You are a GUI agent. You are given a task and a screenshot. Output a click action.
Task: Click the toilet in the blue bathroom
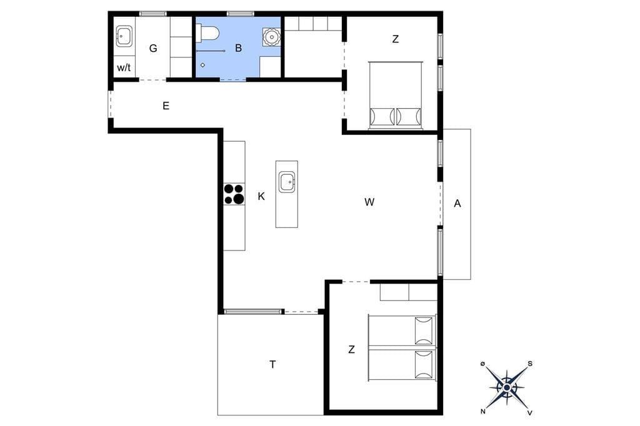click(x=208, y=34)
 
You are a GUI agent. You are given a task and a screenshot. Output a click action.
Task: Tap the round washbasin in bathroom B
click(x=271, y=37)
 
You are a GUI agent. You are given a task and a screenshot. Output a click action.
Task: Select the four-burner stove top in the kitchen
click(x=234, y=194)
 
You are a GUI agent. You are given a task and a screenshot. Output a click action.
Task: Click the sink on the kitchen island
click(x=287, y=182)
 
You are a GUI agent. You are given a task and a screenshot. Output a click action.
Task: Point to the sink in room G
click(x=124, y=36)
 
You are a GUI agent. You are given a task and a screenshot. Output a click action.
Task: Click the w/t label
click(x=124, y=67)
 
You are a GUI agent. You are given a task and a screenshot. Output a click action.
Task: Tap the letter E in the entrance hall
click(x=166, y=106)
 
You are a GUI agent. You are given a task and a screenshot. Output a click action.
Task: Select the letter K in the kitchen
click(x=261, y=197)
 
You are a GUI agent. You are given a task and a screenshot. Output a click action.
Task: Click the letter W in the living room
click(x=369, y=202)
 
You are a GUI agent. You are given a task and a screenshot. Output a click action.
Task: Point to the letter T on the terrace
click(x=272, y=364)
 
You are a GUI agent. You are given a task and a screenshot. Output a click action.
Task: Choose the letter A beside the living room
click(x=457, y=203)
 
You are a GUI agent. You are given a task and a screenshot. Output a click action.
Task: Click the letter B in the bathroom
click(x=238, y=48)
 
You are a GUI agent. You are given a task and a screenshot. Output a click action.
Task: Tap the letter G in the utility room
click(x=153, y=49)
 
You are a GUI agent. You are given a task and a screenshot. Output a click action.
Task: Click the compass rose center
click(x=506, y=387)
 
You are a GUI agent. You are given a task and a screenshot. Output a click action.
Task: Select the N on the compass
click(x=483, y=411)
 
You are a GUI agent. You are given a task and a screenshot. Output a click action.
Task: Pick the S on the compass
click(x=530, y=364)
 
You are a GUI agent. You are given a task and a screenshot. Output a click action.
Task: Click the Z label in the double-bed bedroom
click(x=395, y=39)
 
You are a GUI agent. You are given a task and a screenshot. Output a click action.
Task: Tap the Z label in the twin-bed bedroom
click(x=351, y=349)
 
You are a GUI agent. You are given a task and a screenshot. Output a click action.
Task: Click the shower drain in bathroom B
click(x=202, y=65)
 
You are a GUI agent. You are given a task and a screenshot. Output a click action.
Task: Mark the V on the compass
click(x=530, y=412)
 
